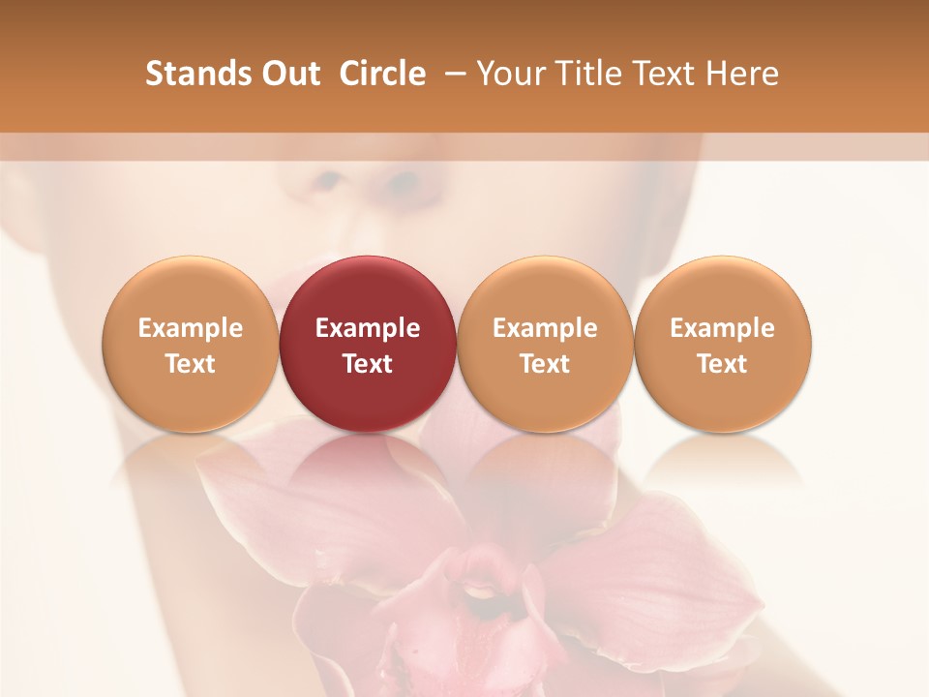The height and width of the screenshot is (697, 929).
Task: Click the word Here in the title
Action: [x=744, y=74]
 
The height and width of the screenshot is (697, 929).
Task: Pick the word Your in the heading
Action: [x=511, y=74]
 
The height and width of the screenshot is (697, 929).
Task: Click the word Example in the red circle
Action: [x=368, y=328]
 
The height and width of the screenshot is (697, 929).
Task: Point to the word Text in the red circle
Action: [x=368, y=364]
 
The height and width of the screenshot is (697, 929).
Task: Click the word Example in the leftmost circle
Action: [x=190, y=328]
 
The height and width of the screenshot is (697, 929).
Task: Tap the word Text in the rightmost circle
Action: [x=723, y=364]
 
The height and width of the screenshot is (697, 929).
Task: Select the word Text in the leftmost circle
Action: [x=190, y=364]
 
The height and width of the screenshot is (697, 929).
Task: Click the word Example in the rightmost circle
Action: [x=723, y=328]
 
